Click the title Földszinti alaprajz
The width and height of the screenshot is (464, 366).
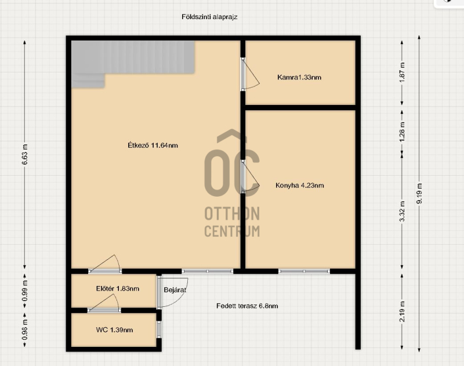point(209,17)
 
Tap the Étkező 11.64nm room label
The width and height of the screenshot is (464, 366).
point(153,145)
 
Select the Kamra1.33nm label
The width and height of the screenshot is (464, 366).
point(299,77)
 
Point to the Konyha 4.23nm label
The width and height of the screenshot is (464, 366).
point(299,186)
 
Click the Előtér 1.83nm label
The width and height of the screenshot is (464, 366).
point(118,288)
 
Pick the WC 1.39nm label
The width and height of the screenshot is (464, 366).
point(114,330)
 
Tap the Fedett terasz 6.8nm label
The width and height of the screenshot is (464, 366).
point(247,306)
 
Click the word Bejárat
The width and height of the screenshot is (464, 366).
point(175,290)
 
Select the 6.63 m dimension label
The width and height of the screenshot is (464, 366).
point(25,155)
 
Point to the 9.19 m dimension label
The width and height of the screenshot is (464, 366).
point(419,194)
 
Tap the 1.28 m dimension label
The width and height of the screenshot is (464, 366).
point(402,132)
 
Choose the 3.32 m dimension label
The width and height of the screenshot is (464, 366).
point(402,211)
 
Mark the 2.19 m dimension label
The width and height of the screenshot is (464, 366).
point(402,311)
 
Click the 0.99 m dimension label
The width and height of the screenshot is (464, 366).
point(25,291)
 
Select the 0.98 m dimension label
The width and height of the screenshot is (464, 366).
point(25,330)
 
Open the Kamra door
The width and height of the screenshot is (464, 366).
point(250,74)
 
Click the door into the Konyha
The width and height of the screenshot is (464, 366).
point(250,177)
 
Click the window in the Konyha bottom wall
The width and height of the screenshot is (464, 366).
point(304,271)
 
